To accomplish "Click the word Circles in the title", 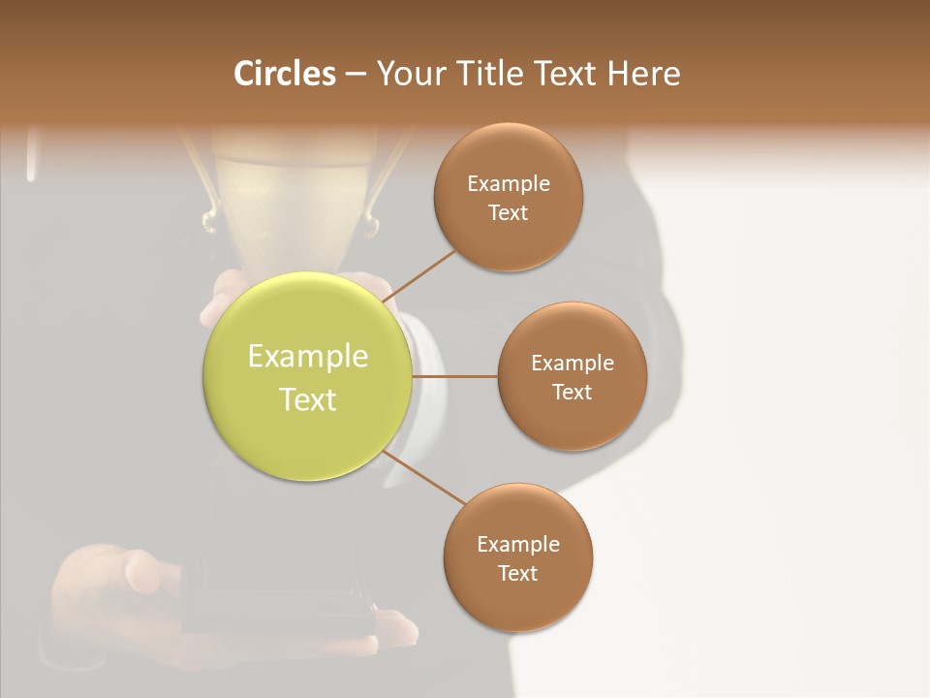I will [285, 74].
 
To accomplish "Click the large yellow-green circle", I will [308, 377].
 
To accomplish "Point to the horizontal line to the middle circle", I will [454, 376].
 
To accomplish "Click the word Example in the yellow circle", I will [308, 356].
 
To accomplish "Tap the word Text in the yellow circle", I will [308, 399].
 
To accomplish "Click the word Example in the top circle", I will [509, 183].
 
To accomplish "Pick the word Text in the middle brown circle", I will [573, 392].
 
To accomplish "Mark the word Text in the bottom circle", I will [518, 573].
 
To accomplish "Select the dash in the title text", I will [356, 75].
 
